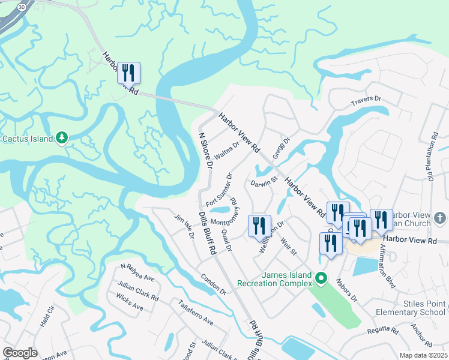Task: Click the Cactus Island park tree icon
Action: pyautogui.click(x=62, y=139)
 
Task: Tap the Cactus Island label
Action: pyautogui.click(x=27, y=139)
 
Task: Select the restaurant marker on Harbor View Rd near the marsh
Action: pyautogui.click(x=128, y=73)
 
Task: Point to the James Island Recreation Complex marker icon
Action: pyautogui.click(x=321, y=278)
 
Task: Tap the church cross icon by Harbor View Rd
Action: pyautogui.click(x=439, y=217)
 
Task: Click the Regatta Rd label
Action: pyautogui.click(x=386, y=331)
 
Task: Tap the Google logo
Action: pyautogui.click(x=20, y=353)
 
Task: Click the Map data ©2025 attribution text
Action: pyautogui.click(x=423, y=355)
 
